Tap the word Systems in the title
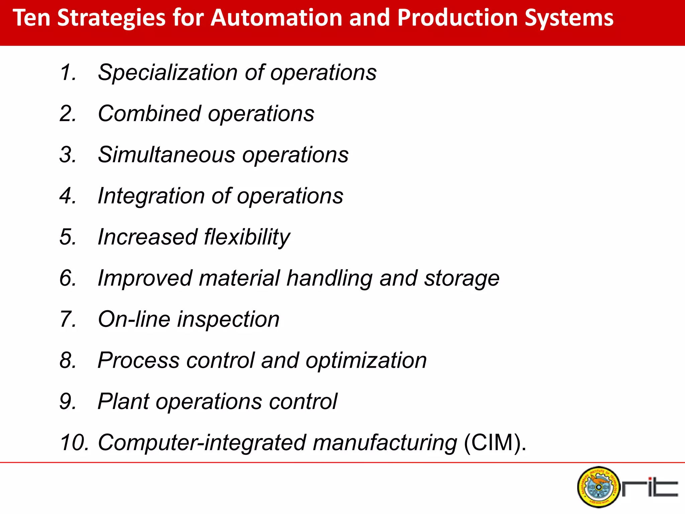tap(569, 18)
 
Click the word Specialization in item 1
tap(168, 73)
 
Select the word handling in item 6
tap(329, 278)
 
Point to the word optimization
tap(366, 361)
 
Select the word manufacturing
tap(385, 443)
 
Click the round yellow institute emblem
tap(598, 487)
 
